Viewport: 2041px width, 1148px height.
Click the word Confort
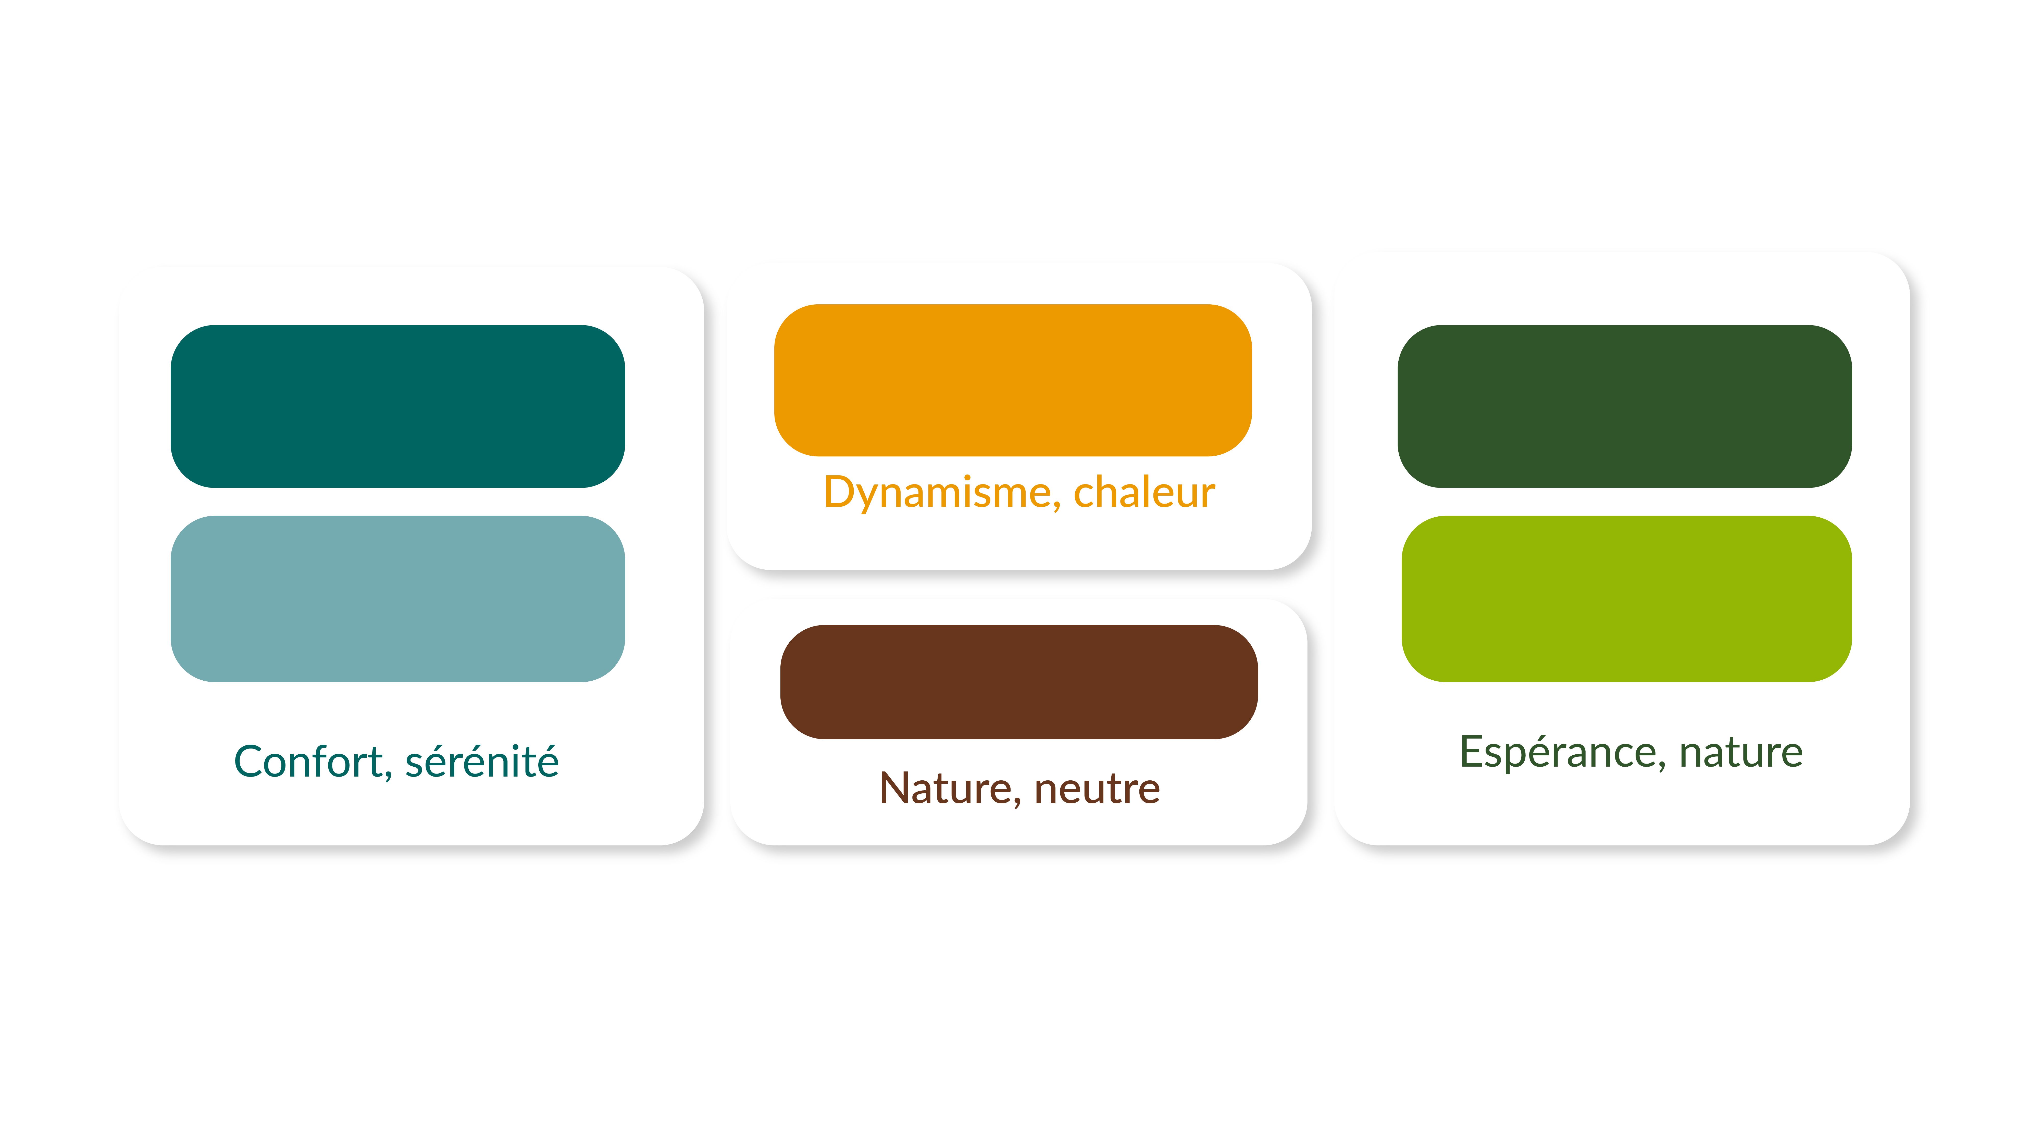(308, 762)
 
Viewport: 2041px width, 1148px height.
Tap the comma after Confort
(388, 776)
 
